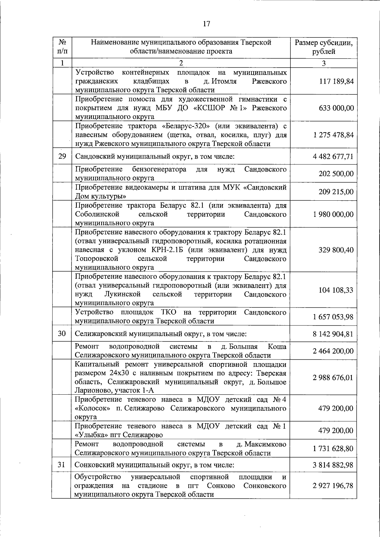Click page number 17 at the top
click(206, 24)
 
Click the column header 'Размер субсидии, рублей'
click(324, 47)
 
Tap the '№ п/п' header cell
click(62, 47)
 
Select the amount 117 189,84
click(336, 81)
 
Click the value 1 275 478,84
click(333, 135)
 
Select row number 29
click(62, 156)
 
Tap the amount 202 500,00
click(336, 174)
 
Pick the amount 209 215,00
click(336, 192)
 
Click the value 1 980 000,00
click(333, 214)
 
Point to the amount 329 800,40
click(336, 250)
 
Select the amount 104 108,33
click(336, 290)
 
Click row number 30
click(62, 333)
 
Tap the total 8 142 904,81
click(333, 334)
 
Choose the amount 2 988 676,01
click(333, 378)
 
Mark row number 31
click(62, 465)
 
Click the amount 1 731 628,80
click(333, 449)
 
